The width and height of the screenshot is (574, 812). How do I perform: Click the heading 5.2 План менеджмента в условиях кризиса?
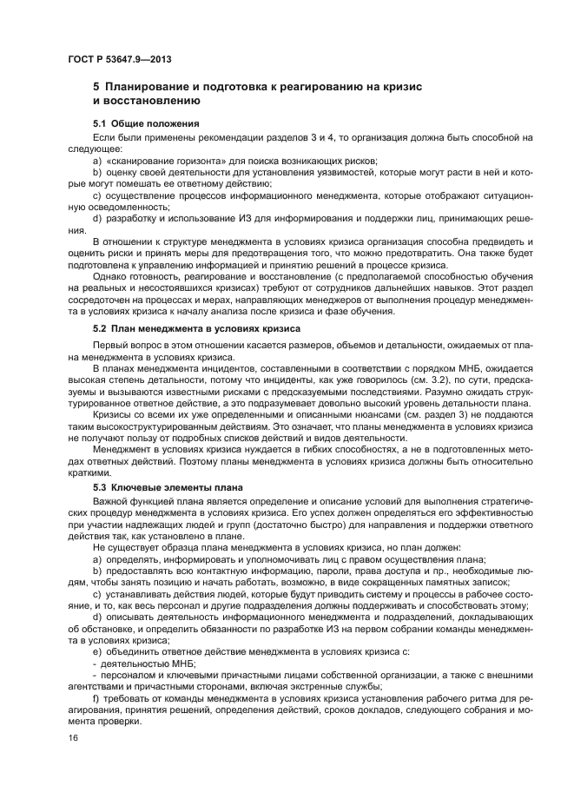coord(196,329)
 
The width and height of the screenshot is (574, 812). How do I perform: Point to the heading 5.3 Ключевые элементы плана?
coord(169,488)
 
